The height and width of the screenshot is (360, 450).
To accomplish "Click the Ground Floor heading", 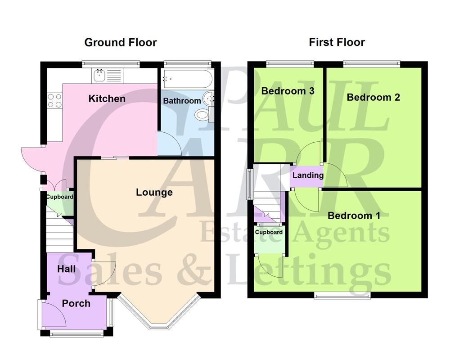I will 121,43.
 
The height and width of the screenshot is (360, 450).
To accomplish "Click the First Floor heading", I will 337,43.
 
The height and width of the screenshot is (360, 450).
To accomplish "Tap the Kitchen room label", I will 107,99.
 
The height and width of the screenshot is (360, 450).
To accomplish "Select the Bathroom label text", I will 182,101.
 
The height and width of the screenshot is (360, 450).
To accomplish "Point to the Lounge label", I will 154,193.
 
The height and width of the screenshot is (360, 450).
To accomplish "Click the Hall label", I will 66,269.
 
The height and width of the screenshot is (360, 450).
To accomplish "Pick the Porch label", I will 76,304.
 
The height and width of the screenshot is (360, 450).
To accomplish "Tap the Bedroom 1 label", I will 354,216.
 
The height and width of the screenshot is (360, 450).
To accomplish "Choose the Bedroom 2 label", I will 373,97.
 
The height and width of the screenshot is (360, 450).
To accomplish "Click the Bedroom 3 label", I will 288,91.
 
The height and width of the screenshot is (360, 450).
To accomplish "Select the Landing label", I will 308,175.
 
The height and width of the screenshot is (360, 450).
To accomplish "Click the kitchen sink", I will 100,75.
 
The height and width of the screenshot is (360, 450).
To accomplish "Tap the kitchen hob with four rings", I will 54,100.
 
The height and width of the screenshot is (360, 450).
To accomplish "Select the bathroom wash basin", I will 209,98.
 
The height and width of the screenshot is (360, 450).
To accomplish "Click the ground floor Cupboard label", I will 59,197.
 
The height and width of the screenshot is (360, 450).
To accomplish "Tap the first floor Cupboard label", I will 269,232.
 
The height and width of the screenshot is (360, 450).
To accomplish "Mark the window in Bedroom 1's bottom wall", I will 342,295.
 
